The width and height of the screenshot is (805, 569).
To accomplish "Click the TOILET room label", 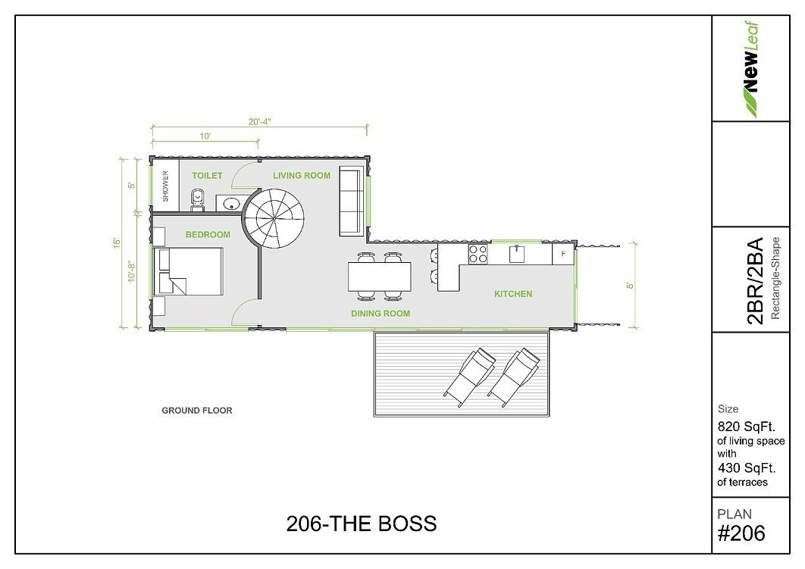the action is click(x=208, y=176).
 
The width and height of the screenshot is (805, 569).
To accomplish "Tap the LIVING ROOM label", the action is click(x=302, y=176).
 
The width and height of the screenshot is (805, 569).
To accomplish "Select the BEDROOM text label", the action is click(x=208, y=234).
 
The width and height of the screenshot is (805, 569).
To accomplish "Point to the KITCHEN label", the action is click(x=513, y=294).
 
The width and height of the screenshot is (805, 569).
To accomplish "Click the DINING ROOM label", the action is click(x=381, y=314).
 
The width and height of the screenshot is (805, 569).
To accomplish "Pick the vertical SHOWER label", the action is click(x=165, y=186).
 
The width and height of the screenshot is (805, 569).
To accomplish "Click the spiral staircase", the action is click(x=274, y=218).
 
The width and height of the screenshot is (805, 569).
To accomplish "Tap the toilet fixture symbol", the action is click(x=197, y=199).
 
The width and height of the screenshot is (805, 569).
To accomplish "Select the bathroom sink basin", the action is click(x=231, y=205).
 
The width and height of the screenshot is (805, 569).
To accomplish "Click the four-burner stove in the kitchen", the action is click(x=478, y=255).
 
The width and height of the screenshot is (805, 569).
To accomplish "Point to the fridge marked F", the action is click(x=563, y=254).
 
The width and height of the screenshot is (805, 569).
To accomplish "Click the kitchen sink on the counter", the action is click(x=517, y=254).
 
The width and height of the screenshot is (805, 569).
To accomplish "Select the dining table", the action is click(x=380, y=277).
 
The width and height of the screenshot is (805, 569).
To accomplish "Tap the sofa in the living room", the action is click(x=349, y=201).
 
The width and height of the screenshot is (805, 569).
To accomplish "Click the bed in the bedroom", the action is click(x=189, y=271).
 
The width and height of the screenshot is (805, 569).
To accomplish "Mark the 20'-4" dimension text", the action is click(x=259, y=122).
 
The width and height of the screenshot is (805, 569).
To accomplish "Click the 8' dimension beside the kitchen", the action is click(x=630, y=286).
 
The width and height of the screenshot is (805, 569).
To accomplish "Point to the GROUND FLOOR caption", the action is click(x=197, y=411).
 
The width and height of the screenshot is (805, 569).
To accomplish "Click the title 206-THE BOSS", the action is click(x=362, y=524).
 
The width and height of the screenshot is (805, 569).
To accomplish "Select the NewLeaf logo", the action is click(x=751, y=69).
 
